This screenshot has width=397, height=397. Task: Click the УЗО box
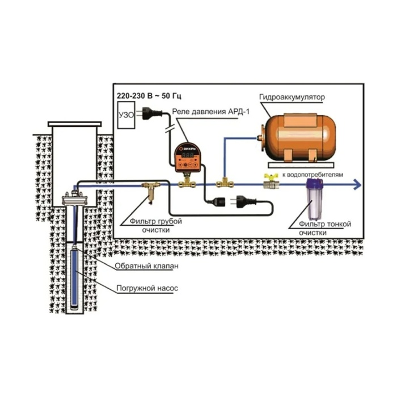coord(126,115)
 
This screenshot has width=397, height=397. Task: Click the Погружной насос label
coord(147,288)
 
